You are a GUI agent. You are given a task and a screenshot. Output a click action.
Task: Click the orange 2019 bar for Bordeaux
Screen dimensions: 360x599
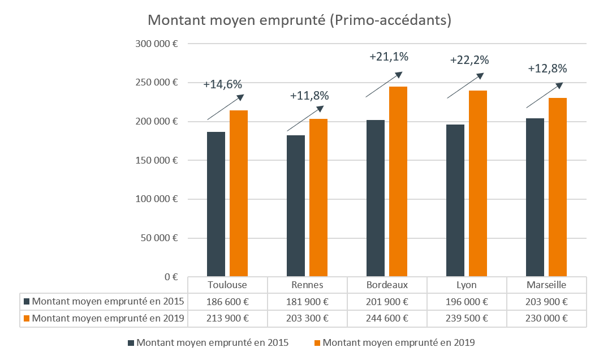pyautogui.click(x=398, y=181)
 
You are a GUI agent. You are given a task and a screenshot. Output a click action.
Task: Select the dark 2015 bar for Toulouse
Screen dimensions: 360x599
pyautogui.click(x=216, y=204)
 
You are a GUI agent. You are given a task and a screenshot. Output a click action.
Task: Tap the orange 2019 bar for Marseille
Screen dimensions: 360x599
pyautogui.click(x=557, y=187)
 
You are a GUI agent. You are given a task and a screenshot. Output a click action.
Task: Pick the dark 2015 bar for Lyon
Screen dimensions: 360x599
pyautogui.click(x=455, y=200)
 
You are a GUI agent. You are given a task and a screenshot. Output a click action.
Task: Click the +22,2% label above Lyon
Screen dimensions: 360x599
pyautogui.click(x=469, y=60)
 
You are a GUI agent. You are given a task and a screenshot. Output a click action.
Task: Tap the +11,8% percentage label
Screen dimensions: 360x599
pyautogui.click(x=309, y=96)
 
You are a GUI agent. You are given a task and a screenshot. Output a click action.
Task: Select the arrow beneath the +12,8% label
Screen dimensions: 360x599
pyautogui.click(x=544, y=95)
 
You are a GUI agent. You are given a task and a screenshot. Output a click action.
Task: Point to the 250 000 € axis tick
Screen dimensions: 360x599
pyautogui.click(x=157, y=83)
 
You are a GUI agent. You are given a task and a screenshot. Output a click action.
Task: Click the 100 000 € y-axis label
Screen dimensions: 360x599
pyautogui.click(x=157, y=199)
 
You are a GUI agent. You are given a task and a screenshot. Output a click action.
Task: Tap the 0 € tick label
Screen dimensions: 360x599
pyautogui.click(x=171, y=277)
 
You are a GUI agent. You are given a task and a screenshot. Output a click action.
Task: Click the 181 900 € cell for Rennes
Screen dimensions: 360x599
pyautogui.click(x=307, y=301)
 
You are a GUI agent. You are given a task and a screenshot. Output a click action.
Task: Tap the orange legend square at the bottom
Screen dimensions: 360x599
pyautogui.click(x=317, y=343)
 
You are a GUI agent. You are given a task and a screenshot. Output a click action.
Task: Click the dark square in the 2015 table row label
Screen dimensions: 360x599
pyautogui.click(x=27, y=301)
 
